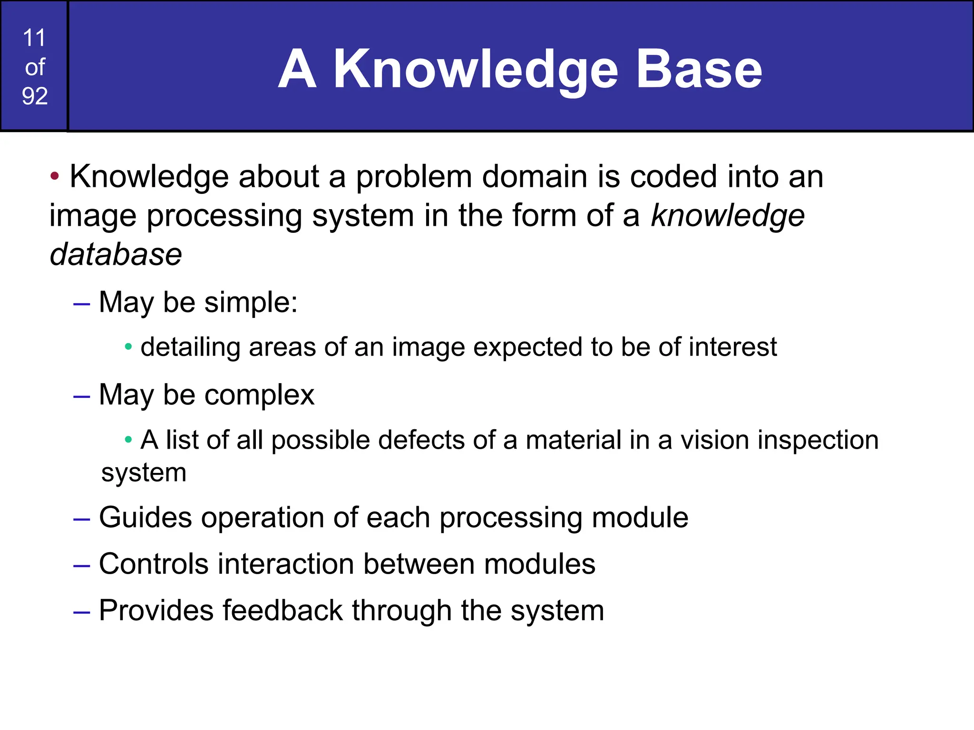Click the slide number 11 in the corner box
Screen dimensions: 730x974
(34, 38)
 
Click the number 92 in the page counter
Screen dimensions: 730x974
(35, 96)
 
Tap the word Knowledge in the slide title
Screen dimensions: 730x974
(475, 70)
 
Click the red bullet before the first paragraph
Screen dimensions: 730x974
(55, 176)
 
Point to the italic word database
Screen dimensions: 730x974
(116, 254)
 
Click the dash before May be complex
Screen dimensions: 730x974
(82, 396)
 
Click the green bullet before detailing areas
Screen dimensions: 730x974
(128, 347)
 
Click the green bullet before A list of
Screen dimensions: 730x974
(128, 440)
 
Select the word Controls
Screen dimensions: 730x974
(154, 564)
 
